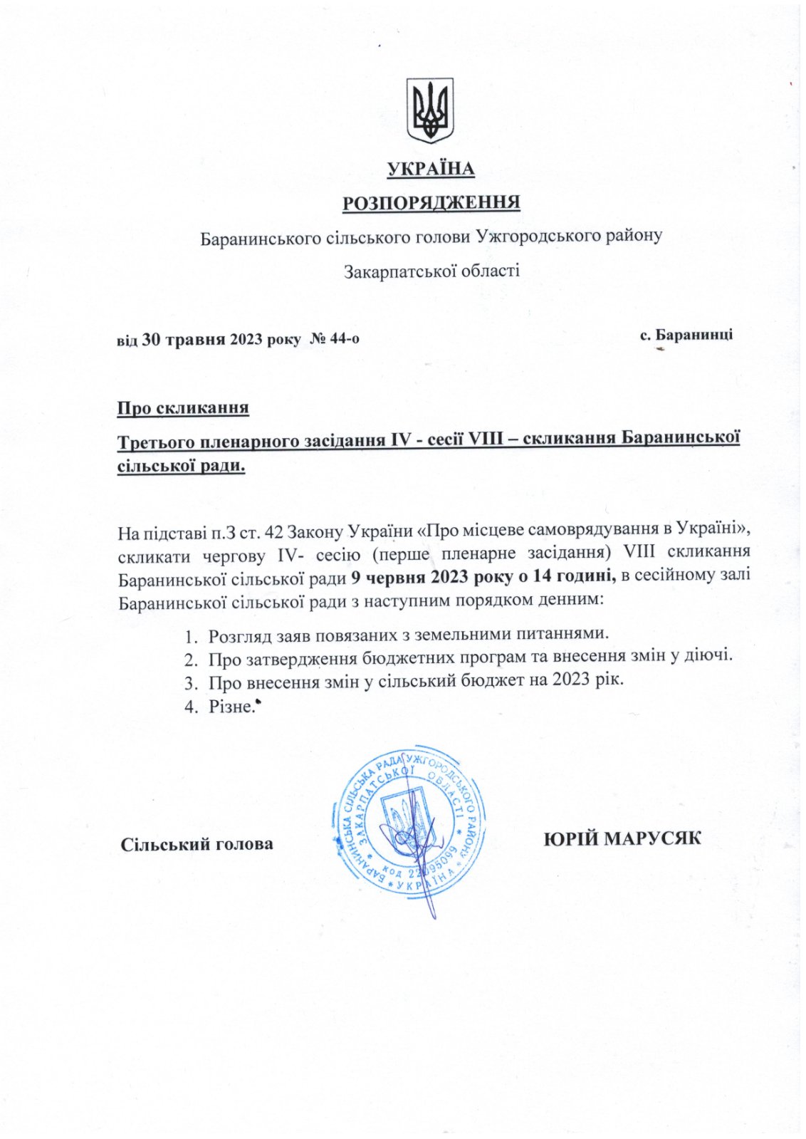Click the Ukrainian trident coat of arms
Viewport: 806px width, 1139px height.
pyautogui.click(x=430, y=110)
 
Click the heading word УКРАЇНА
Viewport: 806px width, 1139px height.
pyautogui.click(x=431, y=169)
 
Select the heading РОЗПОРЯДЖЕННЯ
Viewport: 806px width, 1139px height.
pyautogui.click(x=431, y=203)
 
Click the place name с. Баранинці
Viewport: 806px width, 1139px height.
pyautogui.click(x=686, y=335)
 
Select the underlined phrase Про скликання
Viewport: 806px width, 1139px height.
pyautogui.click(x=183, y=408)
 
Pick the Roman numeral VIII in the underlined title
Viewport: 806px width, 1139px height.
pyautogui.click(x=488, y=440)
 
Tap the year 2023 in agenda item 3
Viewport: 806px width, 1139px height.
pyautogui.click(x=569, y=680)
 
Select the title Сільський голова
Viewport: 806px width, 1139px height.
pyautogui.click(x=197, y=845)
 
